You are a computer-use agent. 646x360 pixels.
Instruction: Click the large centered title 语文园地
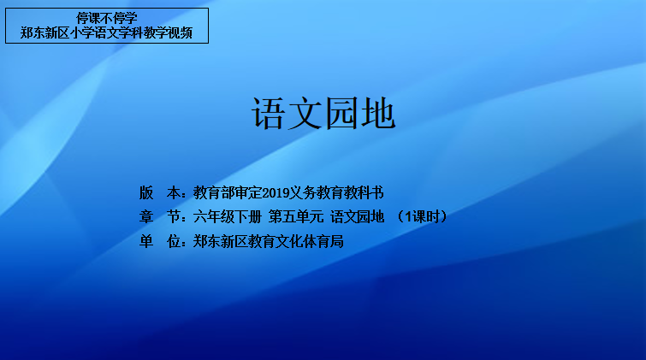point(323,113)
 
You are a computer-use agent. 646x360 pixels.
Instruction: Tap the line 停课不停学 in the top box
point(107,18)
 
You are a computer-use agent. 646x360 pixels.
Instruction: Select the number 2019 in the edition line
point(276,192)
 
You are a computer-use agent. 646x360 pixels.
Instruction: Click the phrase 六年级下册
point(228,216)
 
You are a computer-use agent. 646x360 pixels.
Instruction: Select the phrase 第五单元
point(296,216)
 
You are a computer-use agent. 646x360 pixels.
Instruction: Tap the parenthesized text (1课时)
point(423,216)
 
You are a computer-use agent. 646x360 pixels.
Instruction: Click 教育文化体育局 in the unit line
point(296,241)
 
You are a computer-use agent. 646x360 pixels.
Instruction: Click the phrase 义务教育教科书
point(336,192)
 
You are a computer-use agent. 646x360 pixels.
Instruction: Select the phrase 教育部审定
point(228,192)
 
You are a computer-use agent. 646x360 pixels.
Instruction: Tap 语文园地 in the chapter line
point(357,216)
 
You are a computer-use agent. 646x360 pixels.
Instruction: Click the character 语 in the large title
point(268,113)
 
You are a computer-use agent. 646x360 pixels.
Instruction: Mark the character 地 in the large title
point(379,113)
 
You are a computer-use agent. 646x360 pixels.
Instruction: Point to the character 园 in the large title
point(342,113)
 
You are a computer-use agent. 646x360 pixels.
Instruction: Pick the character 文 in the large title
point(305,113)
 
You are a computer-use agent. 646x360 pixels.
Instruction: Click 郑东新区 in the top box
point(45,33)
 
